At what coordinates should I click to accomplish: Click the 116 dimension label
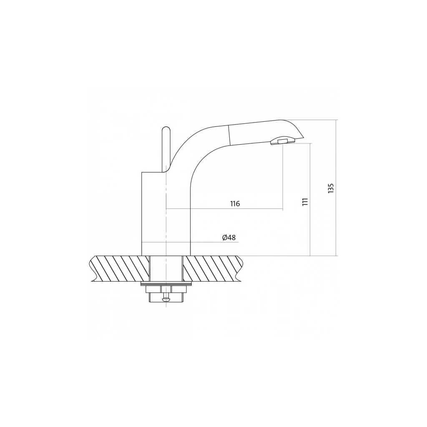point(235,203)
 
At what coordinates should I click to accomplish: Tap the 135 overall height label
point(331,188)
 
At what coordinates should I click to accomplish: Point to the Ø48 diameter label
point(229,237)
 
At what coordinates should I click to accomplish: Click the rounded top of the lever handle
point(166,129)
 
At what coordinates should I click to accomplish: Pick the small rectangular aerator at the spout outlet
point(283,141)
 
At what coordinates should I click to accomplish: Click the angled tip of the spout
point(302,137)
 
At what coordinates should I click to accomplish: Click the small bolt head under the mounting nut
point(166,299)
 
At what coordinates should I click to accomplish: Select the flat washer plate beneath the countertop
point(166,284)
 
